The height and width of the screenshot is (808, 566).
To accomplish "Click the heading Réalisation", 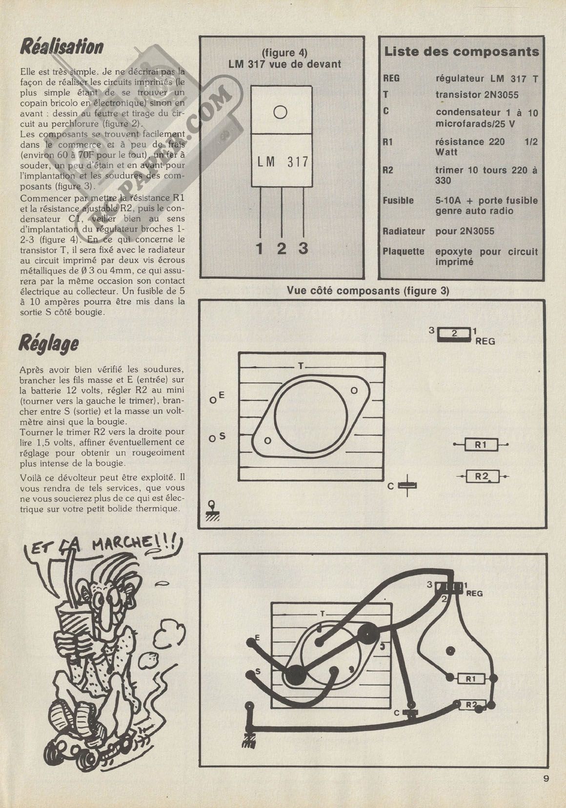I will [x=61, y=47].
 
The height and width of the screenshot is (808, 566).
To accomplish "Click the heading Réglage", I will [x=48, y=344].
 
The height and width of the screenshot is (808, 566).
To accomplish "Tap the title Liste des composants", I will [x=462, y=52].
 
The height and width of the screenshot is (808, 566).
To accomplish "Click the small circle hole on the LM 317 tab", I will [x=280, y=112].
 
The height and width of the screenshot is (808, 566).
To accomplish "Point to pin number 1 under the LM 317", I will [x=260, y=249].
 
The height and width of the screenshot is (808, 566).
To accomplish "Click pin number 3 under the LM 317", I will [x=303, y=249].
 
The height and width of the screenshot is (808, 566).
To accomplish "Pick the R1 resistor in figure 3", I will [x=481, y=444].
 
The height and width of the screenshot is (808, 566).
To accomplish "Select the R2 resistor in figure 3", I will [x=482, y=476].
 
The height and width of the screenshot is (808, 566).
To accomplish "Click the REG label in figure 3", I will [x=485, y=341].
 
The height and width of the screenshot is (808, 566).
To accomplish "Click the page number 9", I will [x=546, y=779].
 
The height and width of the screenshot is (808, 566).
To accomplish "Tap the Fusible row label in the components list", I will [x=398, y=200].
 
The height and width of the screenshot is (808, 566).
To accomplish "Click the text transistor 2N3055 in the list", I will [x=477, y=95].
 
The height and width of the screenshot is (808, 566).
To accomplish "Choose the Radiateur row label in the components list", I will [x=404, y=232].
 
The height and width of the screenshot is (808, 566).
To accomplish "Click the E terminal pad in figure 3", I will [x=213, y=400].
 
